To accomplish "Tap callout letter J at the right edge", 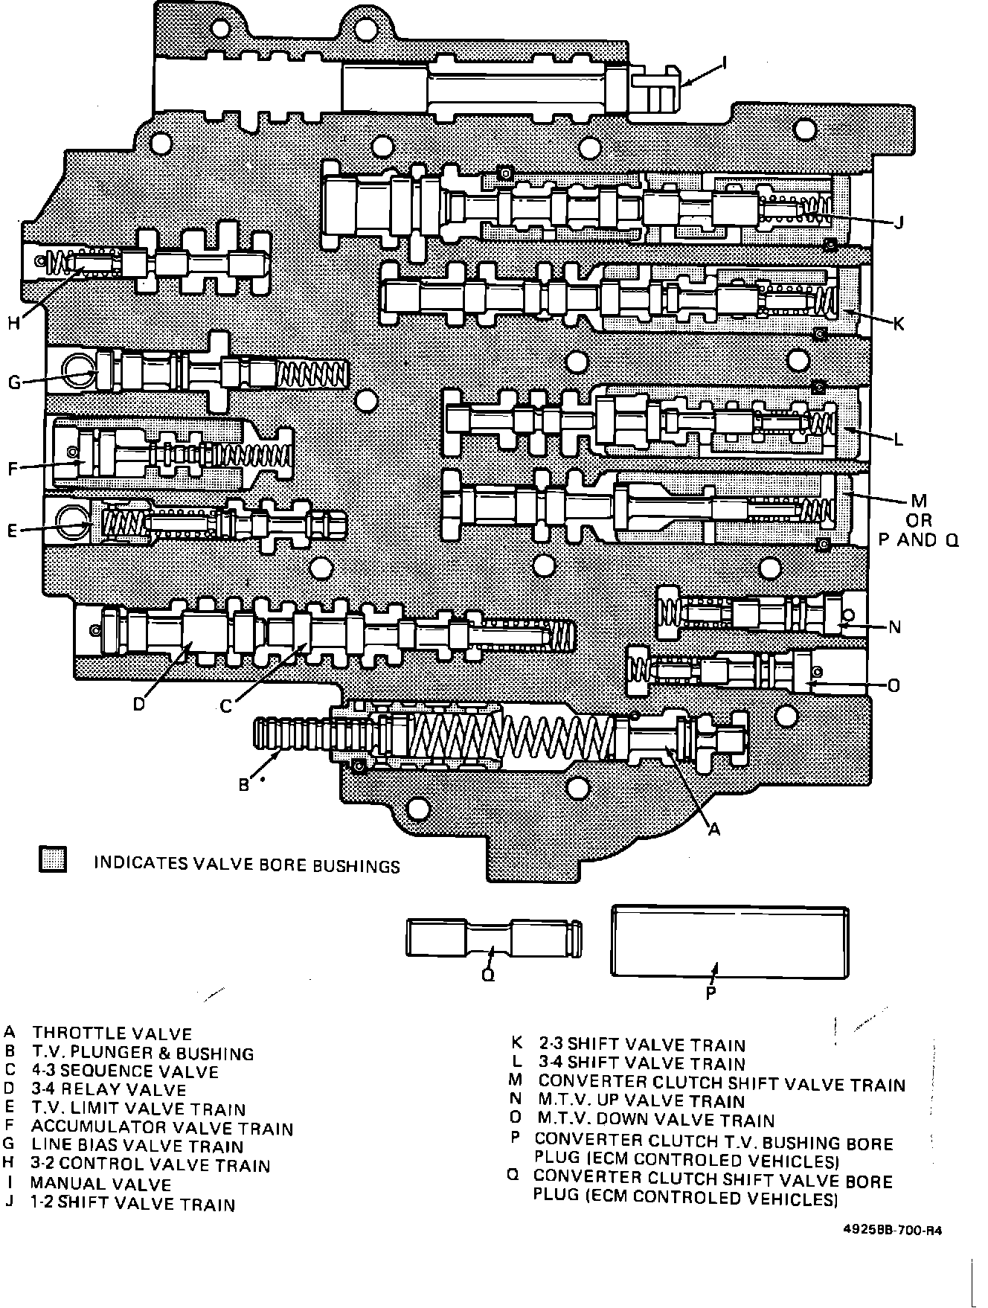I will click(899, 222).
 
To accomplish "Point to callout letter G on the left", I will click(14, 383).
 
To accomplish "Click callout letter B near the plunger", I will click(243, 784).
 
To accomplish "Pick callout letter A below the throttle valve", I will click(714, 829).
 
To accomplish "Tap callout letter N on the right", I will click(895, 627).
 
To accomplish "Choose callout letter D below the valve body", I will click(139, 703).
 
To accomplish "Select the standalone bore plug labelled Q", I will click(493, 937).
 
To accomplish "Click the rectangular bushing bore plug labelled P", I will click(729, 941).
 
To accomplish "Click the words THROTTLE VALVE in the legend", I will click(112, 1033).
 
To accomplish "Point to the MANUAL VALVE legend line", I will click(100, 1184).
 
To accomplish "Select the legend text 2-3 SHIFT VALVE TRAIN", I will click(641, 1045).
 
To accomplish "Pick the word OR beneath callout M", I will click(920, 520).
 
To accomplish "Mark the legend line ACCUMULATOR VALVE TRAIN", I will click(162, 1128).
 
